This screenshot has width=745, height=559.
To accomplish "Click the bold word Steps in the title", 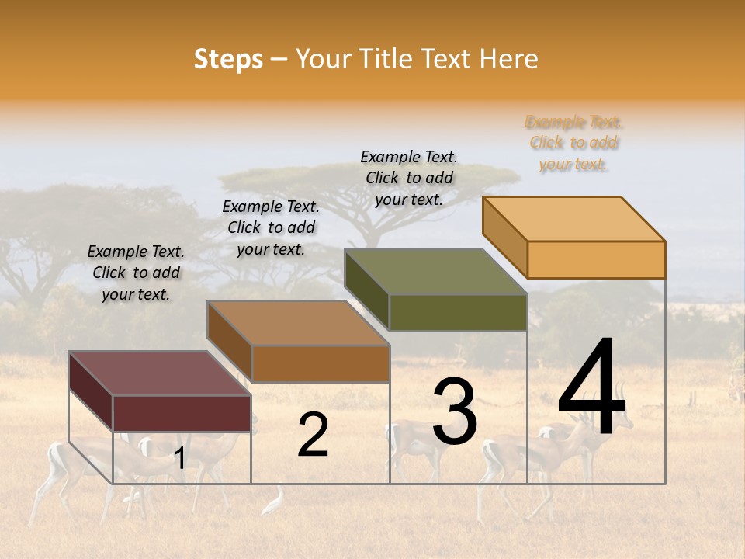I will tap(228, 59).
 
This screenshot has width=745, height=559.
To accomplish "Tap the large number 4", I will tap(591, 388).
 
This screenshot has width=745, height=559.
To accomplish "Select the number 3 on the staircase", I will tap(454, 411).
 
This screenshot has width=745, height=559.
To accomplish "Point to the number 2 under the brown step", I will tap(313, 435).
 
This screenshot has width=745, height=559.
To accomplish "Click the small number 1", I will tap(179, 459).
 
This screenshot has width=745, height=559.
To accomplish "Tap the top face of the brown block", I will tap(298, 323).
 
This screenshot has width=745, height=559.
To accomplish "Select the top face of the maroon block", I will tap(160, 373).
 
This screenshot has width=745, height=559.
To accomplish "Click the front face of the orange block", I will tap(596, 259).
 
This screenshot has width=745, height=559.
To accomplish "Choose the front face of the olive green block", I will tap(458, 312).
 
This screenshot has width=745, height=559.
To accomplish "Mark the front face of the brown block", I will tap(320, 363).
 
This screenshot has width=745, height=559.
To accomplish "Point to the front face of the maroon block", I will tap(182, 413).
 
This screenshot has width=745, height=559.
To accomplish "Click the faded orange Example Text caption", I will tap(573, 143).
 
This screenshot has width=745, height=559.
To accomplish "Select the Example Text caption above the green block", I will tap(409, 178).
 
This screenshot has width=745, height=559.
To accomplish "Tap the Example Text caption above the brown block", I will tap(271, 227).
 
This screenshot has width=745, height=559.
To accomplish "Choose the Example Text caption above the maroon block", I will tap(136, 273).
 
